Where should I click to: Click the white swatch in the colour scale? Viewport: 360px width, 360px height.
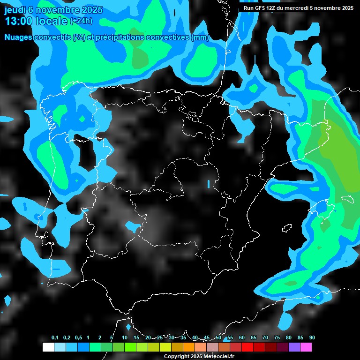click(48, 347)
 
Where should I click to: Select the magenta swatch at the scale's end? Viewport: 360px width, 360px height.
click(306, 347)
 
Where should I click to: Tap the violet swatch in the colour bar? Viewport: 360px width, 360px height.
click(294, 347)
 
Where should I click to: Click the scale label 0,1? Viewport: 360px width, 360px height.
click(55, 338)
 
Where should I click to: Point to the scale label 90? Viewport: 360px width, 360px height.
click(312, 338)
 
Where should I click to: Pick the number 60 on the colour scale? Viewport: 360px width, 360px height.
click(242, 338)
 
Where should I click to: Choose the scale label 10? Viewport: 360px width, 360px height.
click(125, 338)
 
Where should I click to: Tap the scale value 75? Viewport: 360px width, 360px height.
click(277, 338)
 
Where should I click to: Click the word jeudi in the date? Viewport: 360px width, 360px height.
click(16, 10)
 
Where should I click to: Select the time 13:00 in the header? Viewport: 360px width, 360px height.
click(18, 21)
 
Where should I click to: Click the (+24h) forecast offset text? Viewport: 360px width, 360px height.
click(81, 21)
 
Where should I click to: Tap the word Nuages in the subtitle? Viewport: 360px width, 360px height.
click(18, 37)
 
